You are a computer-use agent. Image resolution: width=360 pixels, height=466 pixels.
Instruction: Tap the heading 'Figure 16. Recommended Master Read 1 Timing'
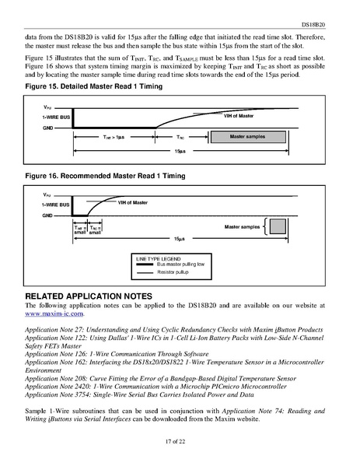[x=107, y=178]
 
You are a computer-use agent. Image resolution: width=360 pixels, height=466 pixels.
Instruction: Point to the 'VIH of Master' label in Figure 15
[x=239, y=115]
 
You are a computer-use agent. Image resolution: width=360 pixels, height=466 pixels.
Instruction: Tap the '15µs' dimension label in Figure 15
[x=180, y=151]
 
